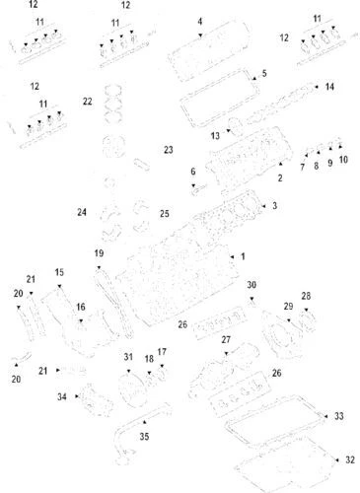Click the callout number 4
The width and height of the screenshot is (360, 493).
(x=200, y=21)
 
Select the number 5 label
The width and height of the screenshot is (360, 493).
(x=263, y=74)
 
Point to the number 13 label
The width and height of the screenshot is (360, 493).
(x=215, y=135)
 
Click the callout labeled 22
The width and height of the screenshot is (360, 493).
(x=87, y=101)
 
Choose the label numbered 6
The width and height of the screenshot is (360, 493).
(x=192, y=172)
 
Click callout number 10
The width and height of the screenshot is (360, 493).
(x=342, y=159)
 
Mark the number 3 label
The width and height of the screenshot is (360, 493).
(x=273, y=205)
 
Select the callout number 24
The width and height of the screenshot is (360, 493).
(x=82, y=211)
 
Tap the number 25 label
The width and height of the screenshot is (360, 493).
(x=164, y=213)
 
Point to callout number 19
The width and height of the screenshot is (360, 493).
(x=99, y=254)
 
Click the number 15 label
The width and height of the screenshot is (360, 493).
(x=59, y=272)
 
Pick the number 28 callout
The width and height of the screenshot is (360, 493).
(x=306, y=296)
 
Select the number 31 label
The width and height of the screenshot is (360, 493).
(x=128, y=356)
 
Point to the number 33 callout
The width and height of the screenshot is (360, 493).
(x=338, y=416)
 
